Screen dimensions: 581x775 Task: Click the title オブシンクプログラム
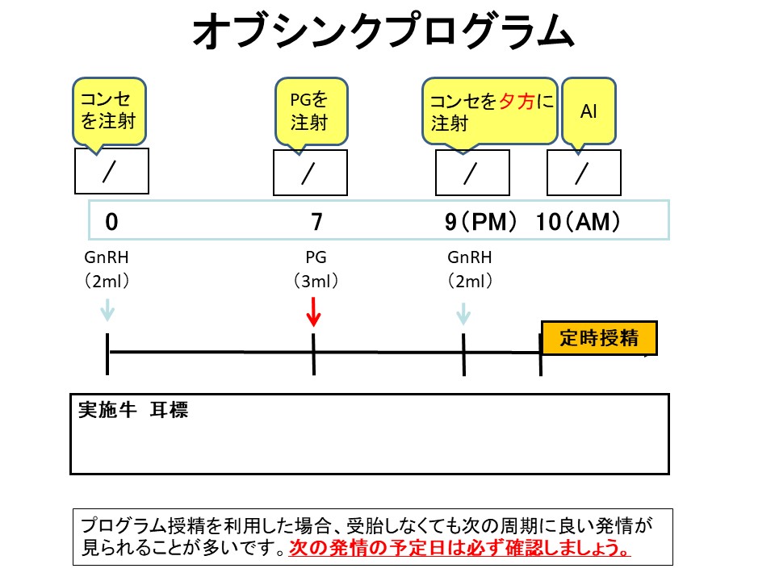click(x=383, y=33)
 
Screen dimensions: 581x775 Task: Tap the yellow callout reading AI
click(x=589, y=111)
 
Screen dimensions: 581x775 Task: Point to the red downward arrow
click(x=314, y=311)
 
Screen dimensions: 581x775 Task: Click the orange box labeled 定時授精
click(x=598, y=337)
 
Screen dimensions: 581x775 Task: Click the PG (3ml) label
click(x=316, y=270)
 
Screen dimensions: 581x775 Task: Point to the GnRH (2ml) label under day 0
click(x=107, y=270)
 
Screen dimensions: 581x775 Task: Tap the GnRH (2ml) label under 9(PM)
click(x=470, y=270)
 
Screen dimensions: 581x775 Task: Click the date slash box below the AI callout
click(x=583, y=173)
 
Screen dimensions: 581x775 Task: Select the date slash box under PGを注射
click(x=310, y=173)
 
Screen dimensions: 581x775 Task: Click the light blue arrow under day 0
click(x=107, y=311)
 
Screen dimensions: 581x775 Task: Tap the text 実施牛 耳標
click(x=133, y=409)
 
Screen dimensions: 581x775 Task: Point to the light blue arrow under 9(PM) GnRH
click(x=463, y=312)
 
